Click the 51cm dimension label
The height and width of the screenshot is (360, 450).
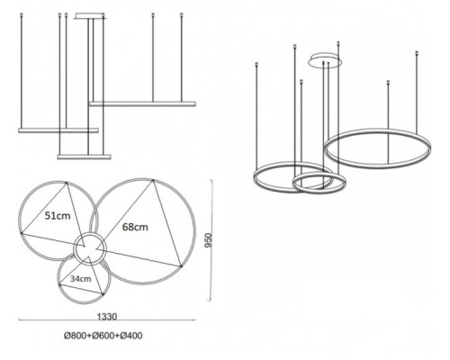(x=58, y=216)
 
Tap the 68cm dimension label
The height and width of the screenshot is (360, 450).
(x=135, y=227)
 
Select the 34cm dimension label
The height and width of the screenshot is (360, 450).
(x=81, y=279)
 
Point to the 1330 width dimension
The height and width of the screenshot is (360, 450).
(x=107, y=317)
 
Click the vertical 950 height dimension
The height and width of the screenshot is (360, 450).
(x=208, y=240)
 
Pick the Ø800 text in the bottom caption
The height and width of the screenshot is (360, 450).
(x=75, y=336)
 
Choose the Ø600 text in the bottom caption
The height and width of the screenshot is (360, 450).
(x=103, y=336)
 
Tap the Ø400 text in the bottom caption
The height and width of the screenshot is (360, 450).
(x=131, y=336)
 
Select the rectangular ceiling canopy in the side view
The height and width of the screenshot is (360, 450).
(x=90, y=16)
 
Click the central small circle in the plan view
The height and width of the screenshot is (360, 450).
(x=90, y=233)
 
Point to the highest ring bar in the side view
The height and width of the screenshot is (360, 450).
(x=142, y=103)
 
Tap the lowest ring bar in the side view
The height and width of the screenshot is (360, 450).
(x=84, y=157)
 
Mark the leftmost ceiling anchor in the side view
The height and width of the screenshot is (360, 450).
(x=21, y=14)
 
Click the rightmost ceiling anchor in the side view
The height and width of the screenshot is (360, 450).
(x=181, y=14)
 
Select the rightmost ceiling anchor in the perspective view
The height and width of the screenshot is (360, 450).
(x=417, y=53)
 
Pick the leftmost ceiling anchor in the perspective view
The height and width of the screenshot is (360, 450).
(x=256, y=64)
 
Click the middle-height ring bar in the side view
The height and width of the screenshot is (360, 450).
(x=58, y=130)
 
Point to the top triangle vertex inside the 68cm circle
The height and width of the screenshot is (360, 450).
(x=153, y=180)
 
